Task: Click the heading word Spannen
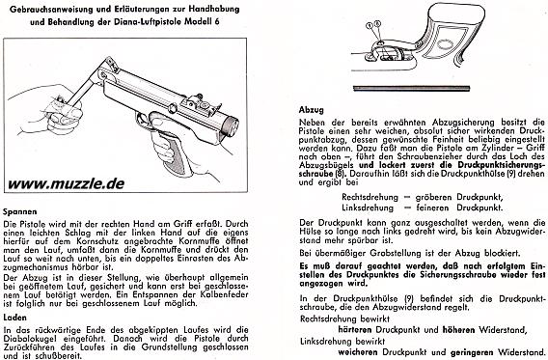point(20,211)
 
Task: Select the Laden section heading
point(15,318)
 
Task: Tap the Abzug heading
point(312,110)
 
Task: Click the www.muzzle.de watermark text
point(66,183)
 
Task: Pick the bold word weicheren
point(358,351)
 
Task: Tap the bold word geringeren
point(472,352)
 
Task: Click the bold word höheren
point(459,329)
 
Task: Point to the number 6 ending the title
point(217,21)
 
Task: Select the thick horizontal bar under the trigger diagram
point(411,89)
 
